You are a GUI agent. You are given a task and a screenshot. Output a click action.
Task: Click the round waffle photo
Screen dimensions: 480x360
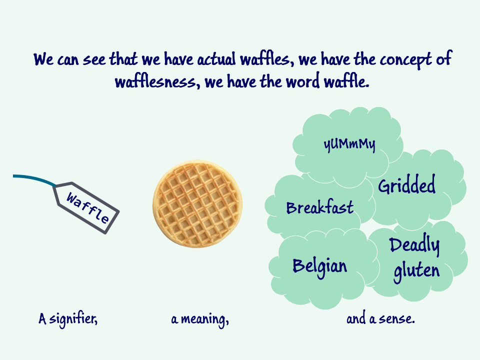197,203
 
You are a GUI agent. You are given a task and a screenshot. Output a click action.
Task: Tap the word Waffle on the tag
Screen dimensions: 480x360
87,208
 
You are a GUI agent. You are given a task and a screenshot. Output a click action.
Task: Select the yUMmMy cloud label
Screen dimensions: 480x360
349,144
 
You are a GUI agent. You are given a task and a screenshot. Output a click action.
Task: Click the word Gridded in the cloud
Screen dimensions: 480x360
406,184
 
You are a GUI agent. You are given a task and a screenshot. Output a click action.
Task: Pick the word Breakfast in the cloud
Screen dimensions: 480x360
320,207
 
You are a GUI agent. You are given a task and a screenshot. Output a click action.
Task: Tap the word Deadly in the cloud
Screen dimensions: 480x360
414,245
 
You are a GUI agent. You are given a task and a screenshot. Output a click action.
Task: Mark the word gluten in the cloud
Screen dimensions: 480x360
416,270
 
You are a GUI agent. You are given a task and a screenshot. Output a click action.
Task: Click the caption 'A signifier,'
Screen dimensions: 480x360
68,319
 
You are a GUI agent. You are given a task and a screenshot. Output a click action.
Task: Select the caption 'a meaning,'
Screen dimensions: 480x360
200,319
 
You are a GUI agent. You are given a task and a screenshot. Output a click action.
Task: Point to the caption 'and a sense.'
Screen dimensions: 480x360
380,318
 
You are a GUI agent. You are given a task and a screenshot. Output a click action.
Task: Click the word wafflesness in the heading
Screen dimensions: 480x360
157,81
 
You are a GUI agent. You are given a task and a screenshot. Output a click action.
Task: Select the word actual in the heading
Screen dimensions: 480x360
216,59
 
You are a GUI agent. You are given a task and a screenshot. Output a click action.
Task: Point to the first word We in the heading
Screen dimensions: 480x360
44,59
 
